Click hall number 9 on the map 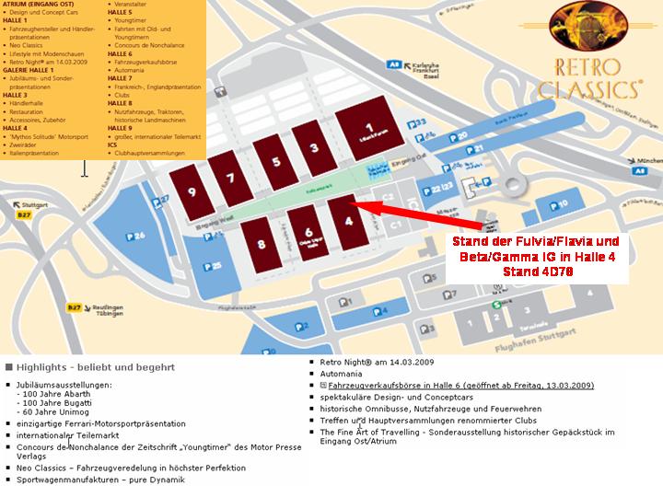[x=191, y=191]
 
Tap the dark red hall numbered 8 [x=262, y=244]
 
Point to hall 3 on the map [x=313, y=149]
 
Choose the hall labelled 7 [x=230, y=177]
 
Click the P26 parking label [x=137, y=237]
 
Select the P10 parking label [x=563, y=203]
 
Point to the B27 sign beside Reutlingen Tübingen [x=76, y=307]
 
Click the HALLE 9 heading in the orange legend [x=120, y=128]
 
